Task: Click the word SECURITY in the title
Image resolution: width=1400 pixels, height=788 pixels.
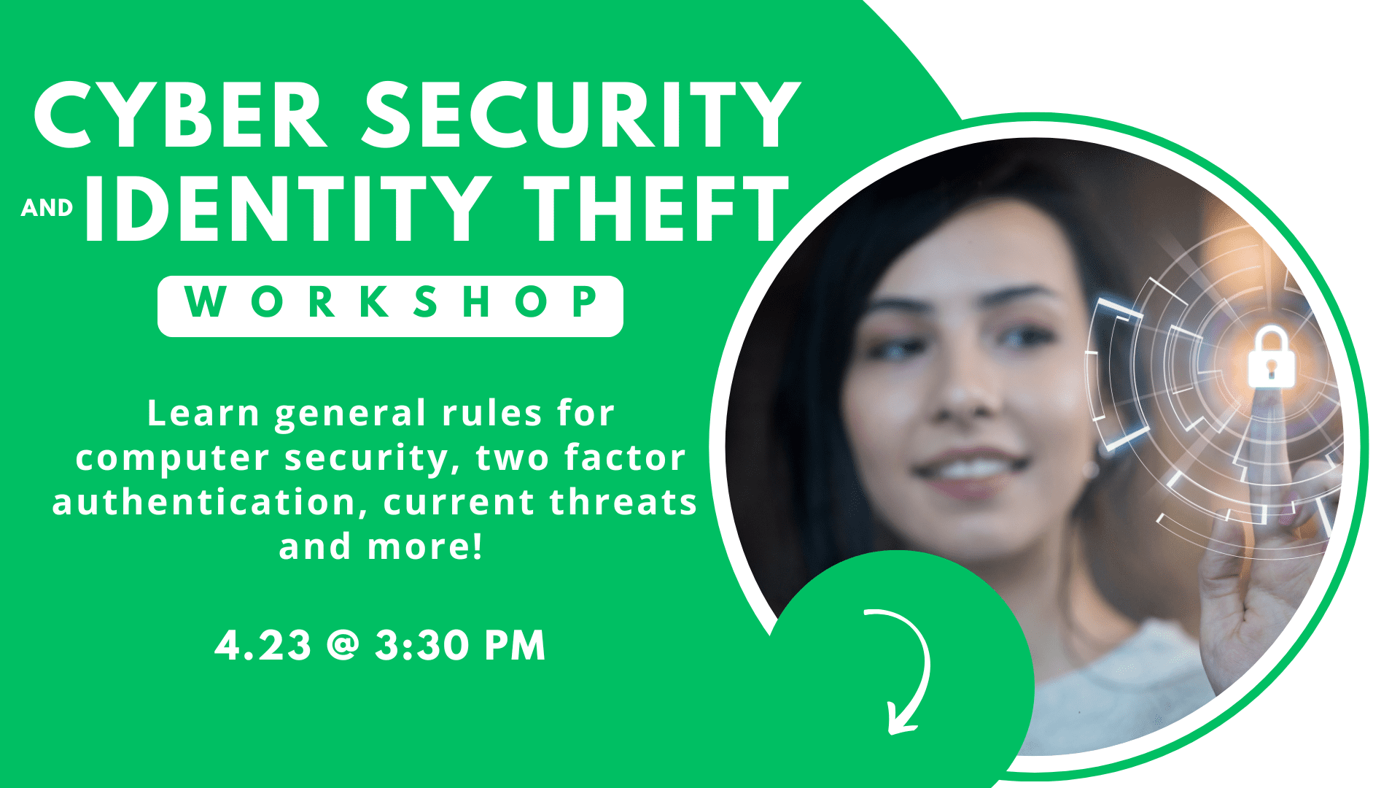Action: [x=581, y=116]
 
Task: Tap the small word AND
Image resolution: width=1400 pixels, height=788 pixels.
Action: [x=47, y=209]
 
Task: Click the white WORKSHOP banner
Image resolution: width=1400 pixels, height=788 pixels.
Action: [x=390, y=306]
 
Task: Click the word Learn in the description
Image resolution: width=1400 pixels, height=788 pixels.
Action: [x=203, y=414]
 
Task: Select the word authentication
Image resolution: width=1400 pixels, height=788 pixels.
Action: [x=204, y=503]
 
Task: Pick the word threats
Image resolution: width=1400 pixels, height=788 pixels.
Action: [x=623, y=503]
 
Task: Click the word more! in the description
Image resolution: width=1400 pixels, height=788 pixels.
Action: [x=425, y=546]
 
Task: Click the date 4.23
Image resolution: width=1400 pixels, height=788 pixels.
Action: [x=263, y=645]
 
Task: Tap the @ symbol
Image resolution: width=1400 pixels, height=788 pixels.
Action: [x=343, y=645]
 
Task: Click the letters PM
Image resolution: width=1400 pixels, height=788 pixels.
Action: [x=516, y=645]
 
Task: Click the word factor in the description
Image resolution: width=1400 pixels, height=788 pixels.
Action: [x=625, y=457]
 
